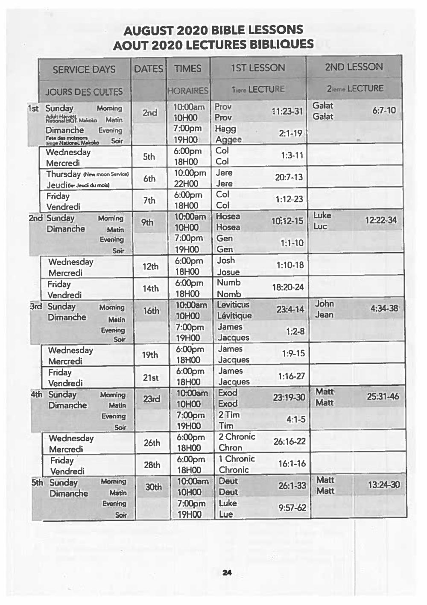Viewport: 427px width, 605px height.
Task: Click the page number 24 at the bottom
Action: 227,573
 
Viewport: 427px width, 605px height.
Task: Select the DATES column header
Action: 149,69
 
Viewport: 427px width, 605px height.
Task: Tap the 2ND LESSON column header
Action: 354,67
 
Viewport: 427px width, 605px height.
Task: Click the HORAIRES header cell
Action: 188,91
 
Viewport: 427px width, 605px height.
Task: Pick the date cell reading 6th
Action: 149,179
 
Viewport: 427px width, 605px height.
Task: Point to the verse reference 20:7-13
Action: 289,177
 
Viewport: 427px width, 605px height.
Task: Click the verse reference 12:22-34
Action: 380,220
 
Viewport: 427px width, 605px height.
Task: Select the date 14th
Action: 151,288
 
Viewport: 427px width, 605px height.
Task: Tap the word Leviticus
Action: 233,305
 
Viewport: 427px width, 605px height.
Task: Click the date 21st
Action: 151,377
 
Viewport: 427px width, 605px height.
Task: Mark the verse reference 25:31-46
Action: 383,396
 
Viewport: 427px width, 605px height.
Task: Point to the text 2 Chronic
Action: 237,437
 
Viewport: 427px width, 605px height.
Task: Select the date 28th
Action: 152,465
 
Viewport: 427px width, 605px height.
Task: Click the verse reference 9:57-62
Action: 292,508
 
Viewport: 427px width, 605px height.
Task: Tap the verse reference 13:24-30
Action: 384,485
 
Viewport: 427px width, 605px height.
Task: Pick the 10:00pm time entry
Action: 190,173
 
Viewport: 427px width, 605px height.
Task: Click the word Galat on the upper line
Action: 323,106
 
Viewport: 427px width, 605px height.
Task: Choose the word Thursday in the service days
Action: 64,174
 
